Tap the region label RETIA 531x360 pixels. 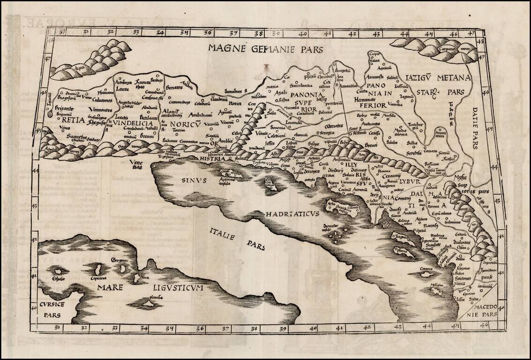click(73, 120)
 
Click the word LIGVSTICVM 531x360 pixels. click(177, 287)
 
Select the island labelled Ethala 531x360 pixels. click(59, 271)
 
